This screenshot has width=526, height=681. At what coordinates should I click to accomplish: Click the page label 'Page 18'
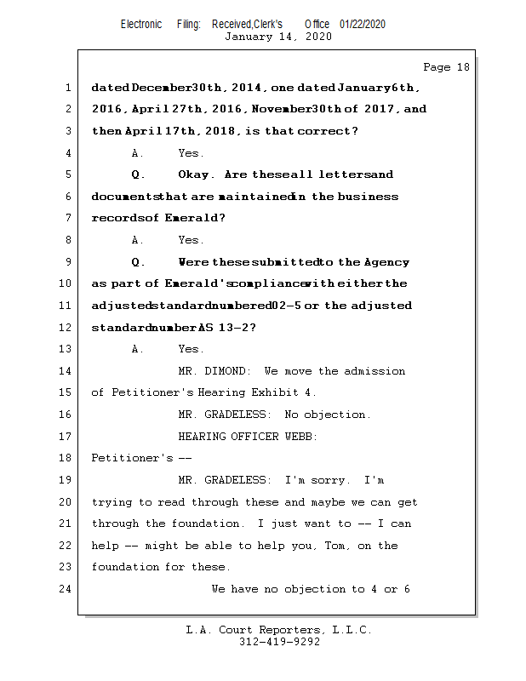click(446, 67)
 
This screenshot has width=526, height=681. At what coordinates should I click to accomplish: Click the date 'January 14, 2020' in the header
click(277, 37)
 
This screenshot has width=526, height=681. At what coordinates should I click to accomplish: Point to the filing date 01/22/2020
click(362, 25)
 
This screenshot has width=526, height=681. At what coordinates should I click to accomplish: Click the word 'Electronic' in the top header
click(141, 25)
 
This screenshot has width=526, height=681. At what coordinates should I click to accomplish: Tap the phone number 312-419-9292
click(278, 642)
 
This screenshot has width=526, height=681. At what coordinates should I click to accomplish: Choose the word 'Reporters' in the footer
click(283, 630)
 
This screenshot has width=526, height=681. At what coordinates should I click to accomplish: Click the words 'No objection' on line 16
click(327, 415)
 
